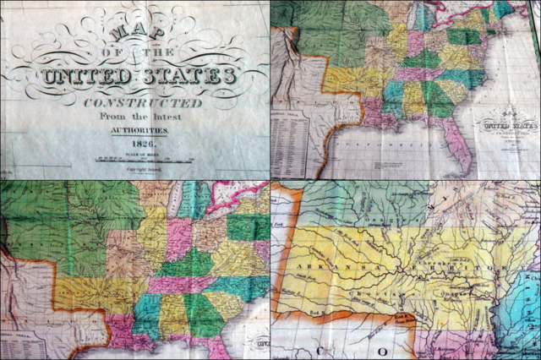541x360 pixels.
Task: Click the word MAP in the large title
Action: (128, 38)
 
